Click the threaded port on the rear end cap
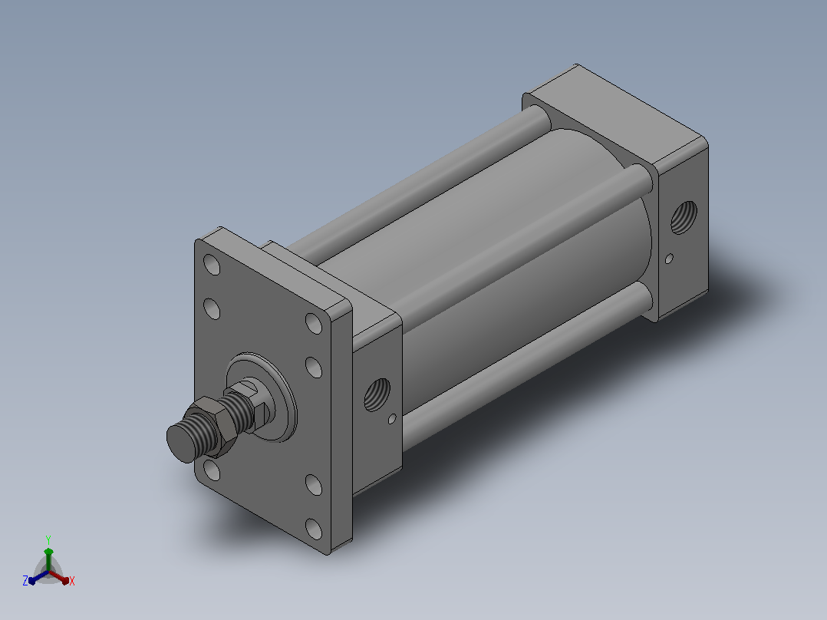[x=684, y=217]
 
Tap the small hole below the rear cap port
[x=669, y=259]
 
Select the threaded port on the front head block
[x=377, y=394]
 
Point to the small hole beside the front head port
[x=392, y=419]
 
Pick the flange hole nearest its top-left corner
[x=212, y=265]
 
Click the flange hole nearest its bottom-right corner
[x=314, y=529]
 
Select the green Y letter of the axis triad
[x=48, y=540]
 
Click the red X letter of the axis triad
[x=72, y=581]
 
